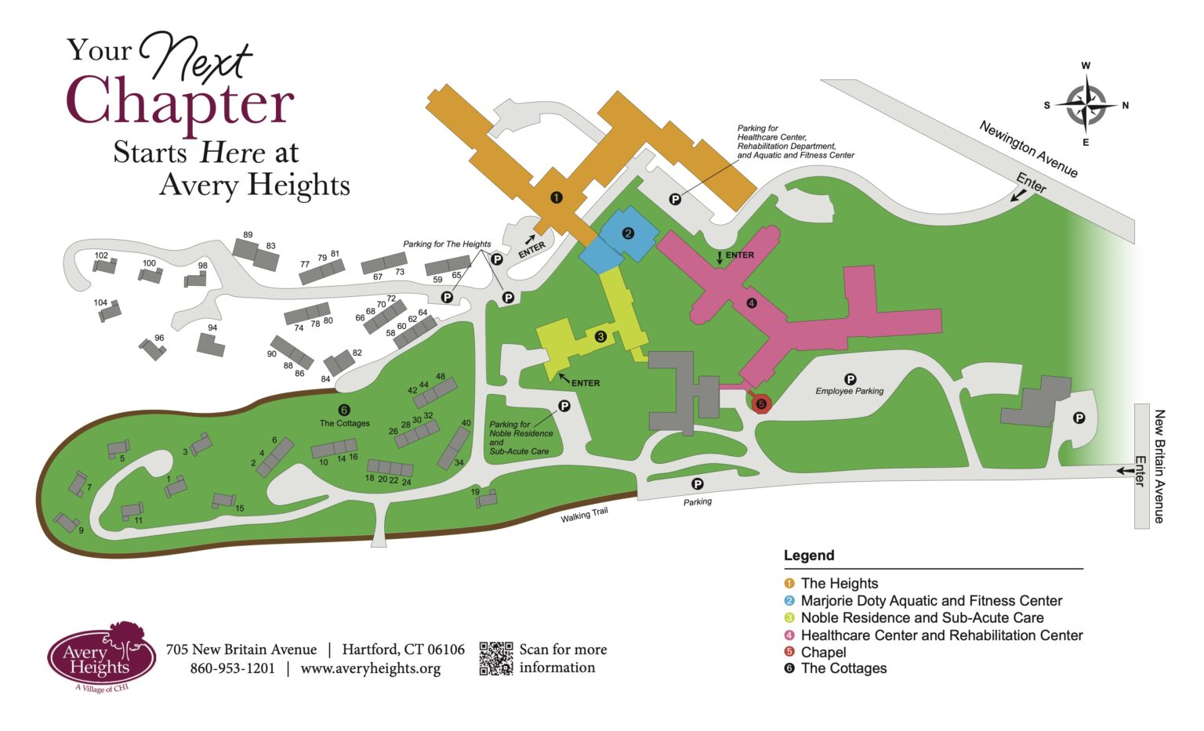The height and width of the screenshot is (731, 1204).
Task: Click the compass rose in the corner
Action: tap(1086, 105)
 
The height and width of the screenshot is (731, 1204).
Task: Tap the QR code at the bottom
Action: tap(495, 658)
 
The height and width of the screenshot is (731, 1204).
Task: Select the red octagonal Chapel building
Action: tap(761, 403)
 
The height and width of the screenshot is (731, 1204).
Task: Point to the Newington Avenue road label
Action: tap(1028, 149)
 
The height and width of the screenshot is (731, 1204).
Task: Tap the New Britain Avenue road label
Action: tap(1159, 465)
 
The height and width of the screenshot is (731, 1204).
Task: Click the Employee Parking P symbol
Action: tap(850, 380)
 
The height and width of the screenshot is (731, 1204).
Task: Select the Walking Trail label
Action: tap(584, 515)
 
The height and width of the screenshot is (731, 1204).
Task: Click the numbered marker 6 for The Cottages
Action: tap(343, 410)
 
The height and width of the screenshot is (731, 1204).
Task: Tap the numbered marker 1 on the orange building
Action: tap(556, 197)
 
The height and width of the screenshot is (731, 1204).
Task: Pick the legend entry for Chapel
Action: tap(823, 652)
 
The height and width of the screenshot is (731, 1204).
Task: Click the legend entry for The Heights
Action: tap(839, 583)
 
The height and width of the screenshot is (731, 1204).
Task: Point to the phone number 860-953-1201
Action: tap(232, 668)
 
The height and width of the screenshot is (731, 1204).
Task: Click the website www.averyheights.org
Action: tap(370, 668)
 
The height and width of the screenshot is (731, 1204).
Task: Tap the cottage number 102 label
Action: tap(101, 255)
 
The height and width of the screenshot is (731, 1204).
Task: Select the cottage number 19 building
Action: tap(487, 499)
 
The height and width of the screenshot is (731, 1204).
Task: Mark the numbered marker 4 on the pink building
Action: tap(752, 303)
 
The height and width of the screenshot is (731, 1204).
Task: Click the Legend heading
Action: tap(809, 555)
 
